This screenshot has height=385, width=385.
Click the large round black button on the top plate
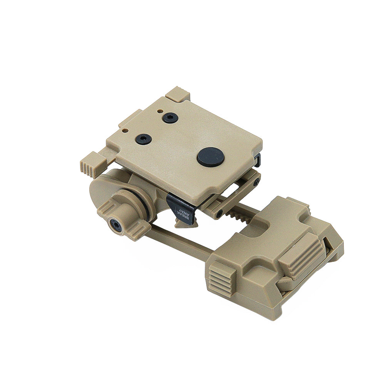point(211,156)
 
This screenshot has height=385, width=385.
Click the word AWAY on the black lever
point(182,212)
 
